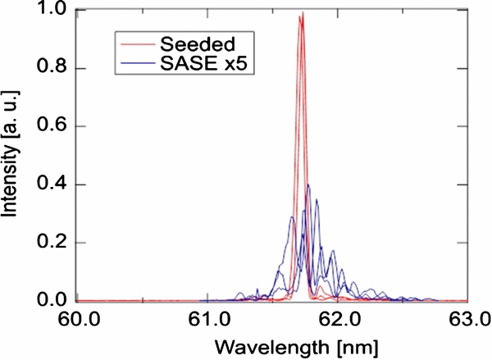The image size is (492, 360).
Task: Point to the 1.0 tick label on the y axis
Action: [x=57, y=11]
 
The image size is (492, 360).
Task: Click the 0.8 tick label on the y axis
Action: [x=57, y=69]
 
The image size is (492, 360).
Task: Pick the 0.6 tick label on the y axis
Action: [x=57, y=127]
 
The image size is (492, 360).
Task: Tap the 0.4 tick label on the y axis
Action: [x=57, y=185]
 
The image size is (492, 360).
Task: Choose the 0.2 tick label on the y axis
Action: [x=57, y=244]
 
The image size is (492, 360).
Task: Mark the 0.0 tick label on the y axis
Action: [x=57, y=301]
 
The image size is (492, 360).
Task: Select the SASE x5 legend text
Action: [x=200, y=60]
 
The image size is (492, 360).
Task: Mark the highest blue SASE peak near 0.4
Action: [x=308, y=185]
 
